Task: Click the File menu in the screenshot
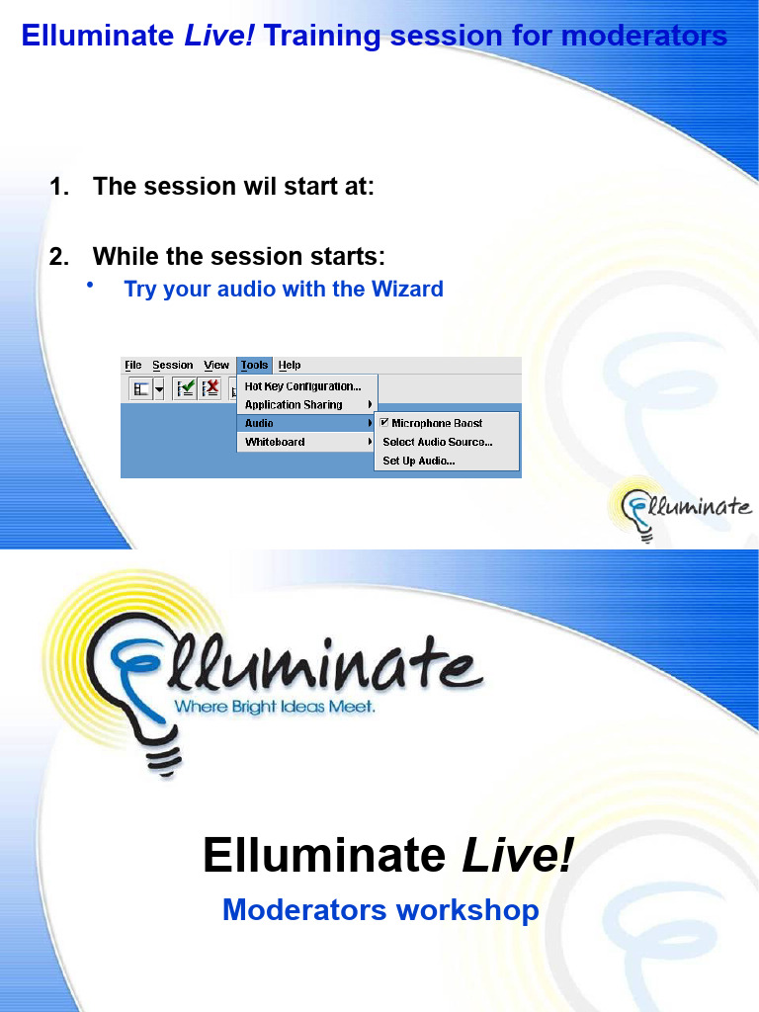tap(133, 365)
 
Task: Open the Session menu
tap(173, 365)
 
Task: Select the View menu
tap(216, 365)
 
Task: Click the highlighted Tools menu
tap(254, 365)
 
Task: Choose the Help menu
tap(290, 365)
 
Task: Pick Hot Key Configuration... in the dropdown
tap(303, 386)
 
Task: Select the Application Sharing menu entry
tap(294, 405)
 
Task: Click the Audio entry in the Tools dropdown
tap(260, 423)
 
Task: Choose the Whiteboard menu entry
tap(275, 442)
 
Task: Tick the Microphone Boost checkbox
tap(384, 423)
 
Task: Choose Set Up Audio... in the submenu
tap(419, 461)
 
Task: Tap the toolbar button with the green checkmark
tap(185, 388)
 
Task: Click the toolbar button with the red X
tap(210, 388)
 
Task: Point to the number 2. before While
tap(59, 257)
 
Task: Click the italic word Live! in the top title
tap(220, 37)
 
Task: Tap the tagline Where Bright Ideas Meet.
tap(275, 708)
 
